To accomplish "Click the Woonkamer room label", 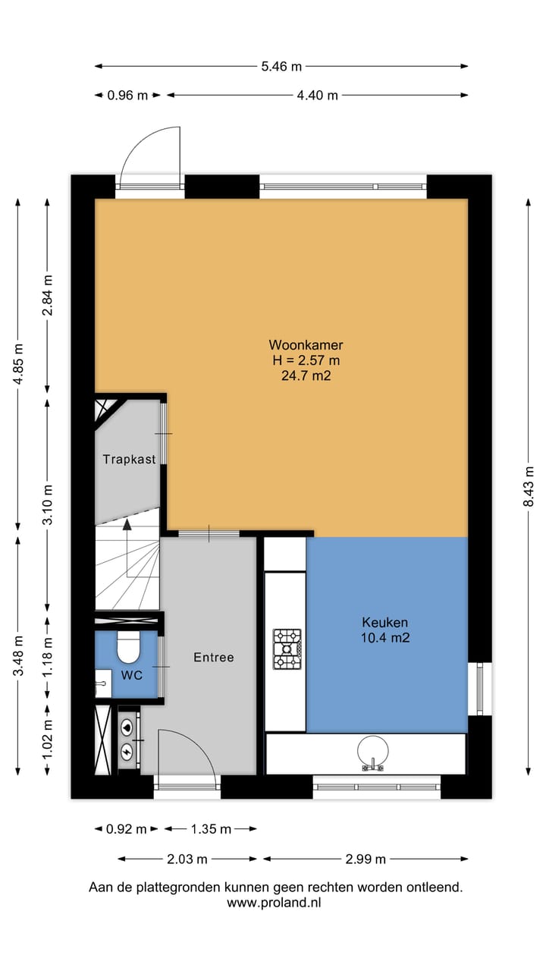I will point(305,344).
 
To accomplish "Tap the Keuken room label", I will point(385,622).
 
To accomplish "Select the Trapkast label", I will point(129,459).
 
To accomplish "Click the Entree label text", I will point(213,657).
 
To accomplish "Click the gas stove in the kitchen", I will point(287,649).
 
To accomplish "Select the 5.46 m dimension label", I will point(281,66).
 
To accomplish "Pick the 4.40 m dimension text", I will point(318,95).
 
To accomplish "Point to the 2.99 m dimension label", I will point(366,859).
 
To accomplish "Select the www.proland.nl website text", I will point(275,903).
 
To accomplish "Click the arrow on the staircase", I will point(127,523).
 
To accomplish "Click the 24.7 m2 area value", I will point(305,375).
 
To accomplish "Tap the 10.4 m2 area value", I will point(385,638).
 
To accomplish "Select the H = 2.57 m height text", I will point(305,360).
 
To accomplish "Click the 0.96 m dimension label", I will point(127,95).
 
